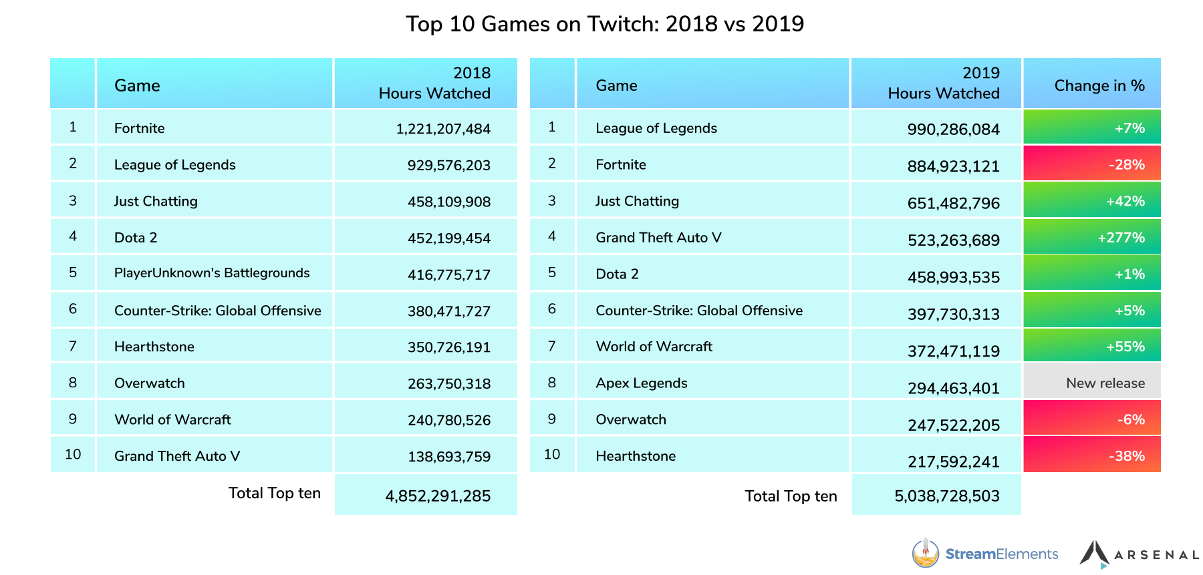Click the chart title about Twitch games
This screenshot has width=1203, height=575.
[605, 24]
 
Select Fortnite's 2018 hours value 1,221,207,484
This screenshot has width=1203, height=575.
[443, 128]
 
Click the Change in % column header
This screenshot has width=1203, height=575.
[1099, 85]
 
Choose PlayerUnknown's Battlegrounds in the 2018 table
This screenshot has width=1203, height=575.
[212, 273]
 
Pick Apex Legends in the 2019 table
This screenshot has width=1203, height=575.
[641, 383]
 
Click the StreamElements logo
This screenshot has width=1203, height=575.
[985, 554]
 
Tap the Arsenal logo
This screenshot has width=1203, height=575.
[1139, 554]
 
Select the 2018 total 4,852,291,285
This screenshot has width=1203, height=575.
[438, 496]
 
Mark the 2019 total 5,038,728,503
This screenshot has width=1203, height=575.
[947, 496]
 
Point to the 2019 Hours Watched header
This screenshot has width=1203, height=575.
[943, 83]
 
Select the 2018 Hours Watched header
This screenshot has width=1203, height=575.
[434, 83]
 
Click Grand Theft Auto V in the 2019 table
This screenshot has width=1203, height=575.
[658, 238]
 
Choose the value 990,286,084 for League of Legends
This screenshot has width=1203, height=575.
[953, 129]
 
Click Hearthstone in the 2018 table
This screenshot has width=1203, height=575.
[154, 347]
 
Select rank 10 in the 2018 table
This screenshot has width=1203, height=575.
[73, 455]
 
